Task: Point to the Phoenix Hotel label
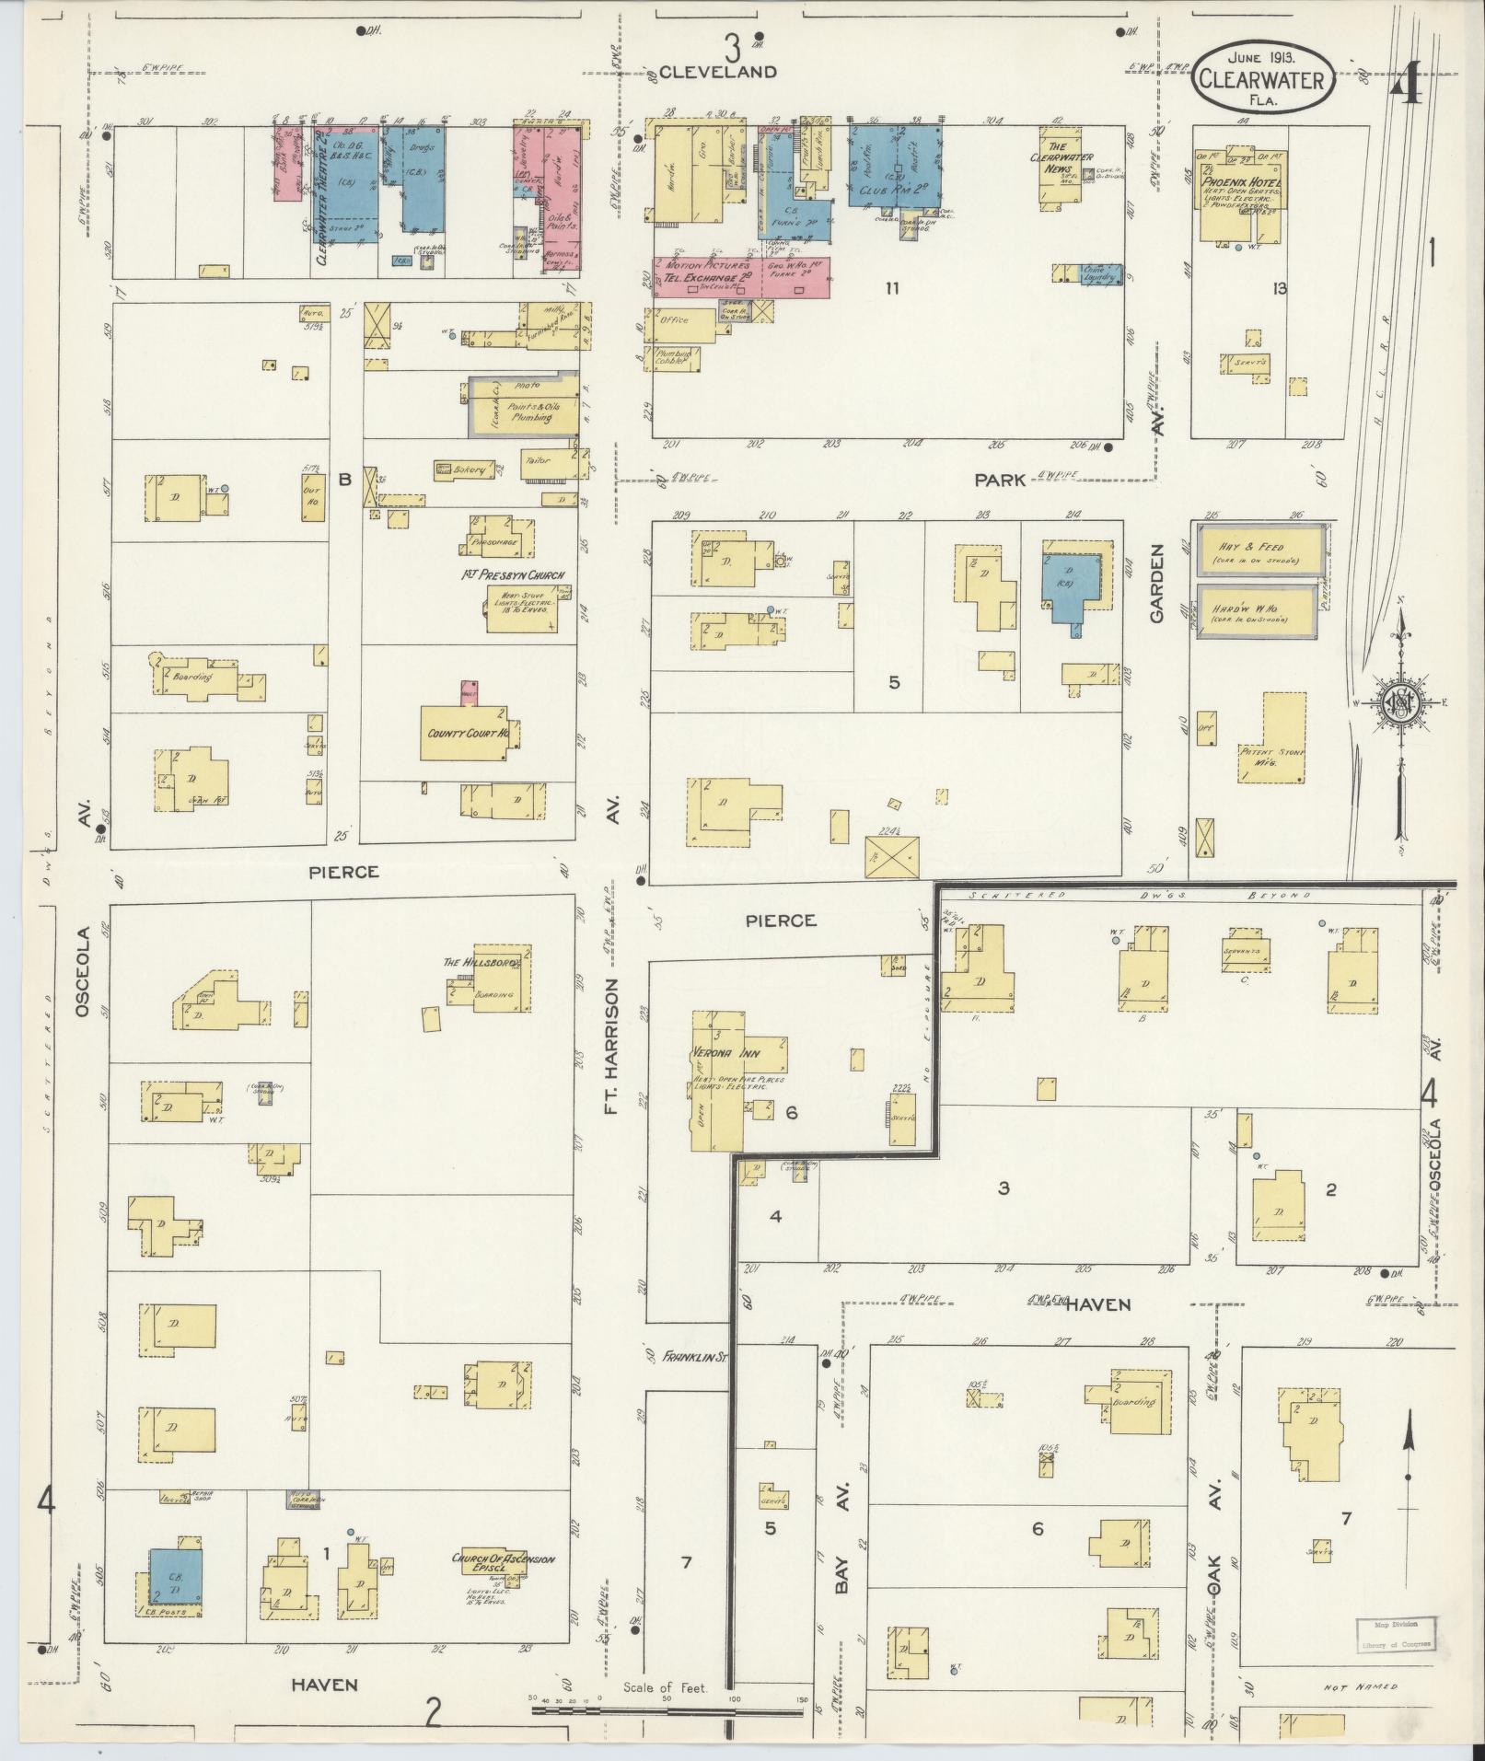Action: (x=1238, y=182)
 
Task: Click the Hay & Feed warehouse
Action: (x=1261, y=550)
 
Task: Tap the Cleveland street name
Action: (x=718, y=72)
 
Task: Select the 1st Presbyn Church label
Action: (x=512, y=575)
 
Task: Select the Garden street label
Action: (x=1157, y=583)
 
